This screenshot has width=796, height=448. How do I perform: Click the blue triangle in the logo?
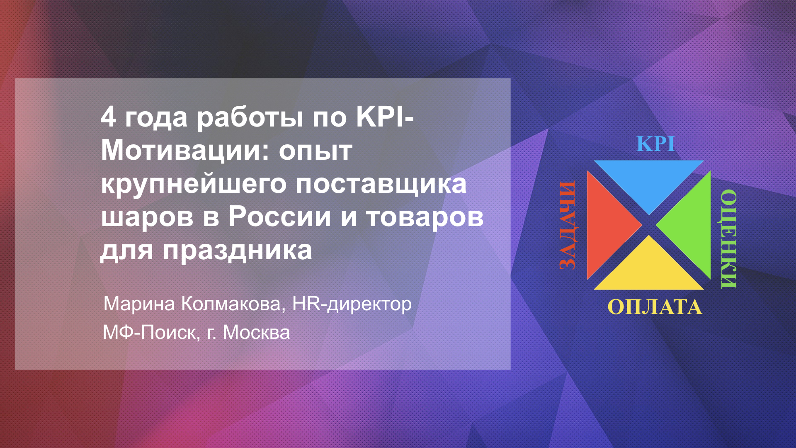click(649, 180)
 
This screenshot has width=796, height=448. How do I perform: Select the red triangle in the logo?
click(607, 225)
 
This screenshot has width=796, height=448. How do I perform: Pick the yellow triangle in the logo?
click(649, 268)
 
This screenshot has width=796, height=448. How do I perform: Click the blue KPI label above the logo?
click(655, 144)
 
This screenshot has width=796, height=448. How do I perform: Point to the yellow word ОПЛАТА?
click(655, 307)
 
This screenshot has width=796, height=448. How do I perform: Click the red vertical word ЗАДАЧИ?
click(568, 225)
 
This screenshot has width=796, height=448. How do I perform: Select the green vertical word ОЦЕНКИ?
click(728, 239)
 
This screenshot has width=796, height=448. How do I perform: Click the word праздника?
click(237, 251)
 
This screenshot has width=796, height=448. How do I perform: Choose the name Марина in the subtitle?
click(139, 304)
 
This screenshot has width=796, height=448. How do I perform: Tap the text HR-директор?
click(352, 304)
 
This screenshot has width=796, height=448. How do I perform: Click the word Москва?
click(256, 333)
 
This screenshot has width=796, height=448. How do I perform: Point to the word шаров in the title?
click(147, 217)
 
